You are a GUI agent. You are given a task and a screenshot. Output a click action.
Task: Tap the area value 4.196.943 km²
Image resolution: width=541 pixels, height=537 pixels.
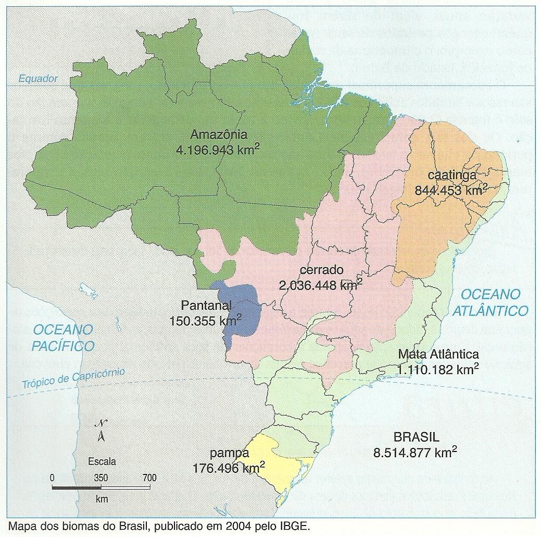click(x=218, y=150)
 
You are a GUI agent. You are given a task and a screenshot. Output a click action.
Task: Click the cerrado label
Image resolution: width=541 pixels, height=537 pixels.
click(x=322, y=270)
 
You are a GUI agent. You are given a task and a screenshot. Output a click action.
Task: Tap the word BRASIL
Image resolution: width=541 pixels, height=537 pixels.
click(x=416, y=437)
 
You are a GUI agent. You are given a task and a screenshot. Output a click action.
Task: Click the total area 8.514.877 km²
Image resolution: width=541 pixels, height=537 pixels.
click(x=415, y=452)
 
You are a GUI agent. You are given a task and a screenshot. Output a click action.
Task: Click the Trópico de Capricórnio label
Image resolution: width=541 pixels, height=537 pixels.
click(x=73, y=378)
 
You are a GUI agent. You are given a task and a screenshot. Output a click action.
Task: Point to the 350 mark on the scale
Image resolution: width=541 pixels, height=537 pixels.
click(x=101, y=477)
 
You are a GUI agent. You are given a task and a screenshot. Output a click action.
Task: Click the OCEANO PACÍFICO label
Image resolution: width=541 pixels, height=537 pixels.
click(x=63, y=338)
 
